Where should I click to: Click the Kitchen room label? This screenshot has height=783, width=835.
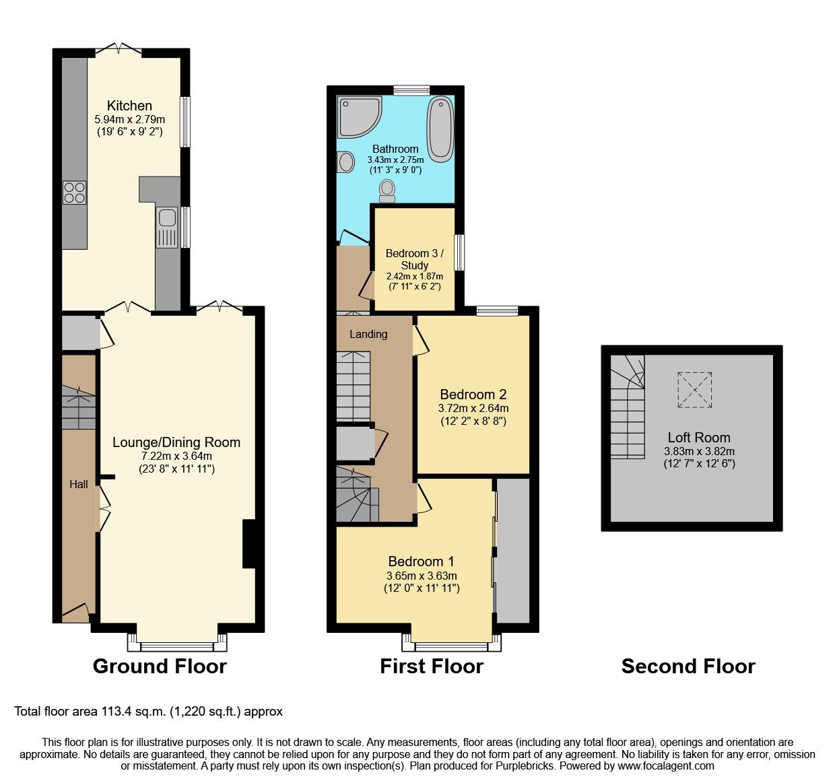(x=129, y=106)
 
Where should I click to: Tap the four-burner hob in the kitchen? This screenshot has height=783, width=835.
(x=74, y=193)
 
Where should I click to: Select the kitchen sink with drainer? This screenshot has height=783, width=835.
(x=167, y=226)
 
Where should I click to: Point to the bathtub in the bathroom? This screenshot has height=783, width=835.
(x=440, y=129)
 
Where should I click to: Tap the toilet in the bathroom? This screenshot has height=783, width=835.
(x=387, y=191)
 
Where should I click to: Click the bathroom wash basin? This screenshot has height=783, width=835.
(x=345, y=162)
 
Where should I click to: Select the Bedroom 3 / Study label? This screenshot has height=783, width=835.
(x=414, y=259)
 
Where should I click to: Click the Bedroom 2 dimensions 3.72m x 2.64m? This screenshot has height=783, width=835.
(x=473, y=409)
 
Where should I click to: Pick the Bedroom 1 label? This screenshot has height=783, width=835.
(x=421, y=561)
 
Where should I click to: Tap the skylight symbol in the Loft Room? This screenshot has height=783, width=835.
(x=694, y=390)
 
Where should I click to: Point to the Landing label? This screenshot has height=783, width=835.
(x=368, y=334)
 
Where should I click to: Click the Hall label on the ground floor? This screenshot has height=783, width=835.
(x=79, y=484)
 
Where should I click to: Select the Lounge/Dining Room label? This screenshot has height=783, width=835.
(x=176, y=442)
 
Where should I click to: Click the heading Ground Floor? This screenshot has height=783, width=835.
(x=160, y=667)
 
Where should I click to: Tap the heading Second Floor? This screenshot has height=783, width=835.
(x=688, y=667)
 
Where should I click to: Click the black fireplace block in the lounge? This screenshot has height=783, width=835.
(x=248, y=544)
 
